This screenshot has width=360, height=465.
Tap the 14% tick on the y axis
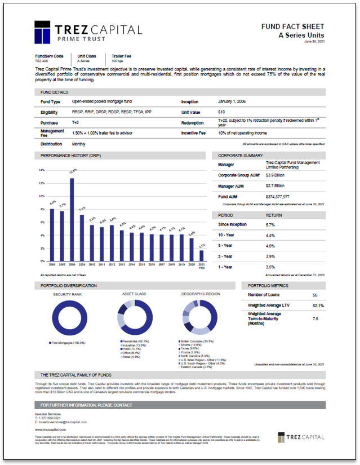(x=41, y=170)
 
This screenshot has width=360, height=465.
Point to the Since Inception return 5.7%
(x=270, y=225)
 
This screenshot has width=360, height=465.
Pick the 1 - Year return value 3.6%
(x=270, y=266)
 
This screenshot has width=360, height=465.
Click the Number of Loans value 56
(x=315, y=295)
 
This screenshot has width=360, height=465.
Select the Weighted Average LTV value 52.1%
(x=317, y=305)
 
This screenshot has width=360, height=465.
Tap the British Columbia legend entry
(x=197, y=342)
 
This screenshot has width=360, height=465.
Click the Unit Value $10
(x=221, y=112)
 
